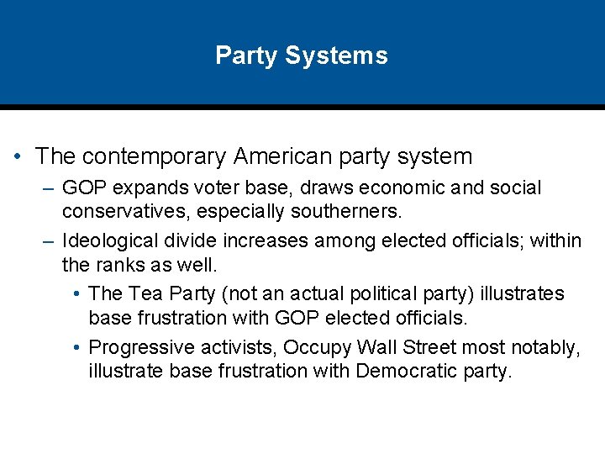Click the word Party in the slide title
(x=245, y=56)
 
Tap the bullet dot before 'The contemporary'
(x=18, y=157)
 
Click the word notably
(x=538, y=348)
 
